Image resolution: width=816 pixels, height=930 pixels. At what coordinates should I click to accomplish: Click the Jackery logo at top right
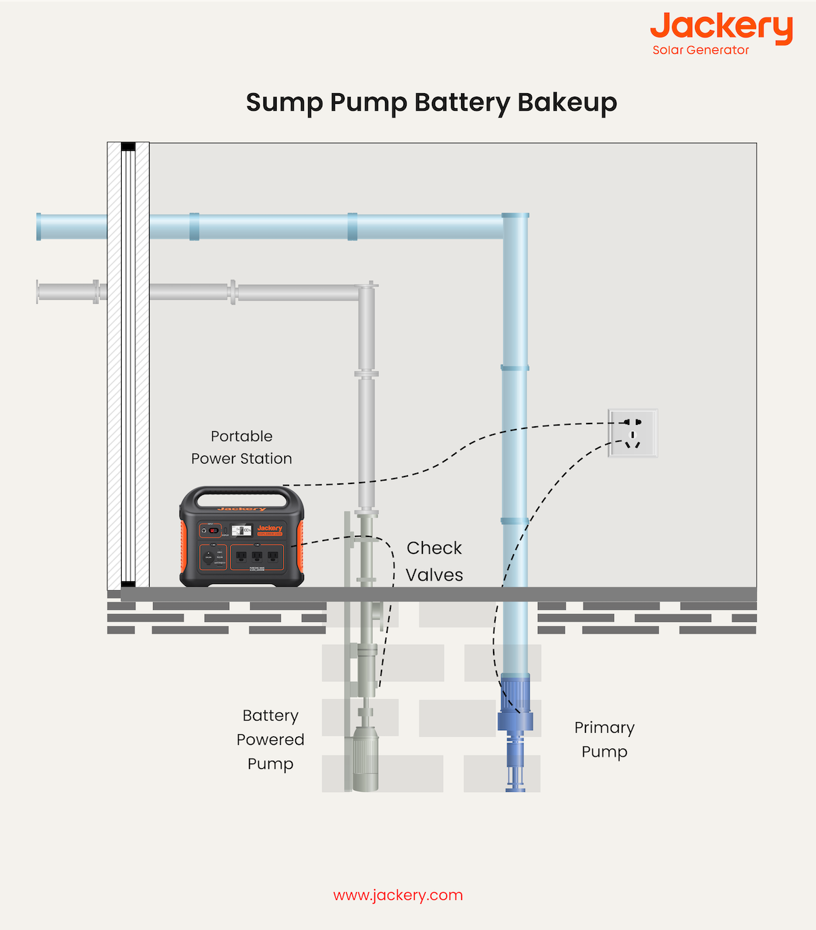(x=721, y=28)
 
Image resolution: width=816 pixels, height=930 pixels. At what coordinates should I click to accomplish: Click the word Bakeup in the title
(x=567, y=103)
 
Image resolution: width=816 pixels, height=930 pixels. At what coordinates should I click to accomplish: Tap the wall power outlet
(x=632, y=433)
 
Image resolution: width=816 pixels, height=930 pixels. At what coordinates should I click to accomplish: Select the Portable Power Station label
(x=241, y=447)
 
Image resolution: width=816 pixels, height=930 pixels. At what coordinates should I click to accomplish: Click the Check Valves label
(x=435, y=562)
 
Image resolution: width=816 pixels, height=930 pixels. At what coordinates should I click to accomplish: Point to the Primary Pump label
(x=604, y=740)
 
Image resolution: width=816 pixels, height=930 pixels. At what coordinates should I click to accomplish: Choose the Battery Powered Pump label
(x=270, y=740)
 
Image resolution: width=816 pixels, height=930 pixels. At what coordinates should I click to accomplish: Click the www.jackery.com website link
(x=398, y=895)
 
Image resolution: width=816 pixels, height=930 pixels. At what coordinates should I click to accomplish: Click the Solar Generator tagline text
(x=700, y=50)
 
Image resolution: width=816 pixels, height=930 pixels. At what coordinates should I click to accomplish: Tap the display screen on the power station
(x=241, y=530)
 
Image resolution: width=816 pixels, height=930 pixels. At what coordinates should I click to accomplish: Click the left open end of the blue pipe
(x=39, y=226)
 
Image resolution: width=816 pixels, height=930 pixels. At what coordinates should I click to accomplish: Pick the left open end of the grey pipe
(x=39, y=292)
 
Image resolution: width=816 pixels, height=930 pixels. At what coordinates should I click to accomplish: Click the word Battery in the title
(x=462, y=103)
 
